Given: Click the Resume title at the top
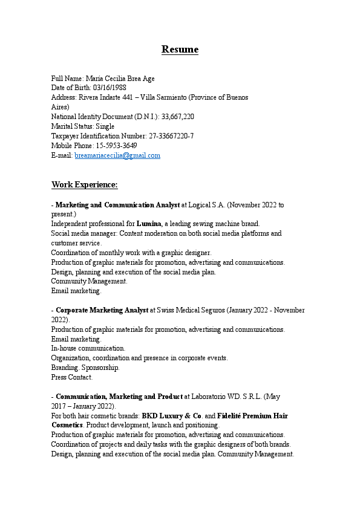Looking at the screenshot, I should [x=180, y=50].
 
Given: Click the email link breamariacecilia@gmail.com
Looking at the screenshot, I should [x=117, y=156].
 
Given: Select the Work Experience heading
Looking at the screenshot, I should [x=84, y=184].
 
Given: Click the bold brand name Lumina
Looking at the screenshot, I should [x=148, y=224].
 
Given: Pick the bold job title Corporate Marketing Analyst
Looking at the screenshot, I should [x=102, y=310].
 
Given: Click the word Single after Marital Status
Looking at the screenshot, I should [x=105, y=126].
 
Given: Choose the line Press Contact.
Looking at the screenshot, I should [x=71, y=377].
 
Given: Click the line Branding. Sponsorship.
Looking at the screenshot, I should [x=85, y=368].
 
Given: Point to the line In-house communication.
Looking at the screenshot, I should [x=88, y=348].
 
